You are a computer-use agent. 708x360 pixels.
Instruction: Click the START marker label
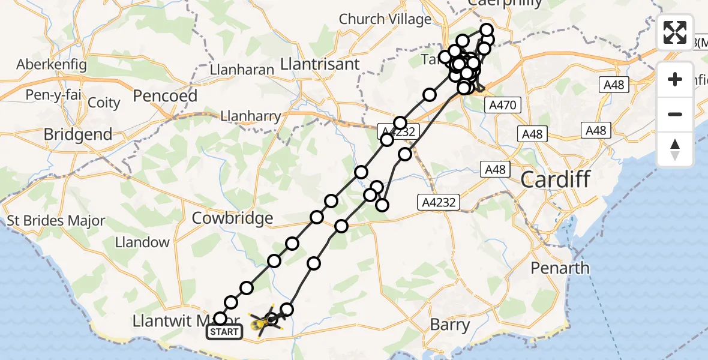[x=224, y=331]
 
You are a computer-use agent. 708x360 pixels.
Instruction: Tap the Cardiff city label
[x=556, y=179]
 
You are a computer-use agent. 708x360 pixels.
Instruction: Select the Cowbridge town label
[x=232, y=218]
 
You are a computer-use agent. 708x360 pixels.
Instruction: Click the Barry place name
[x=450, y=325]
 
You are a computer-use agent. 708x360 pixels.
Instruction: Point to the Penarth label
[x=560, y=268]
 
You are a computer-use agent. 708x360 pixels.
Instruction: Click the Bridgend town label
[x=78, y=134]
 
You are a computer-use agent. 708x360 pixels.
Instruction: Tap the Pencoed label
[x=165, y=95]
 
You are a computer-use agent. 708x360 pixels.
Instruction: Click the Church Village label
[x=385, y=19]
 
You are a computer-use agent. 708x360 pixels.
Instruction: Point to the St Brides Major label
[x=56, y=221]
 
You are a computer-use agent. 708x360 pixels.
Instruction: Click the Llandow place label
[x=143, y=242]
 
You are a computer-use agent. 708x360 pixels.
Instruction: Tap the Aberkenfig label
[x=52, y=64]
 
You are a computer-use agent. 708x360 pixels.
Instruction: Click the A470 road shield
[x=502, y=106]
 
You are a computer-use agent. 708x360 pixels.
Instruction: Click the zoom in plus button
[x=675, y=80]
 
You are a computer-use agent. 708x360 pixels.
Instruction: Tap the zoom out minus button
[x=675, y=115]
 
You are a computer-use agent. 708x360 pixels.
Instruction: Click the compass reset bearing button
[x=675, y=149]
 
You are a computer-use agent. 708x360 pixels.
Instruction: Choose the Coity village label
[x=104, y=103]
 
